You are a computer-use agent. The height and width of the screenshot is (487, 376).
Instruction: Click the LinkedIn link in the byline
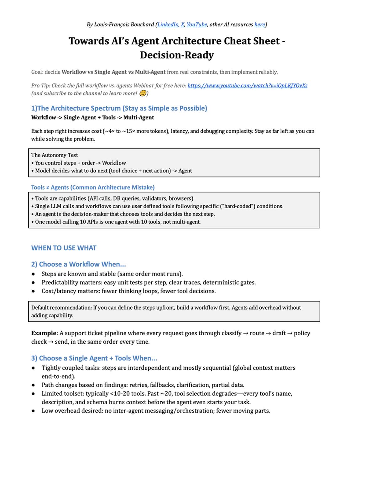tap(168, 24)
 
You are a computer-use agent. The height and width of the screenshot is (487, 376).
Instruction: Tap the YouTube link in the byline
tap(196, 24)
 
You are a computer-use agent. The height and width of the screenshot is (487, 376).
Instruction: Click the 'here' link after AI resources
tap(259, 24)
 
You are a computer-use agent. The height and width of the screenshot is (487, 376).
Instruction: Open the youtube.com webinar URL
tap(247, 86)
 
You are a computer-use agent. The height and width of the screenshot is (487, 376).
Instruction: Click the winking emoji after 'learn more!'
tap(143, 93)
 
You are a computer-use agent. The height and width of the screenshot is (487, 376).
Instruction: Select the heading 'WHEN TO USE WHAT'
tap(64, 248)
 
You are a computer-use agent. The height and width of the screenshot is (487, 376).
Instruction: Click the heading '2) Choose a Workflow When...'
tap(78, 264)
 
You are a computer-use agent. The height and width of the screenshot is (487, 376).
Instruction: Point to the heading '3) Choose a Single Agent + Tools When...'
tap(94, 358)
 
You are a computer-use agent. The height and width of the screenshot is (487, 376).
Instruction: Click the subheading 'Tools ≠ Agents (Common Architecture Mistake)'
tap(93, 188)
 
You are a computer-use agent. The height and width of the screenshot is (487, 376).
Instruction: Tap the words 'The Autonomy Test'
tap(55, 155)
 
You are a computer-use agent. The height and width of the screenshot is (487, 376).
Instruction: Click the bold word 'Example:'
tap(44, 333)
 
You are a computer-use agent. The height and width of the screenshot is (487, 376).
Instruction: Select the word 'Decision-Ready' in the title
tap(177, 55)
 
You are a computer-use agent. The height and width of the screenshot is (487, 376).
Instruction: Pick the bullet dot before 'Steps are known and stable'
tap(33, 274)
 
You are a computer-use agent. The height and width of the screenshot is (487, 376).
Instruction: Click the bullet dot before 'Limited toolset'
tap(33, 394)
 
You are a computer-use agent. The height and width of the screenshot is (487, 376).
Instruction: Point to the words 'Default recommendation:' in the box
tap(61, 308)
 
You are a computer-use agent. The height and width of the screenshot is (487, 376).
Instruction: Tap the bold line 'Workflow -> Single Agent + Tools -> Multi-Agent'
tap(92, 118)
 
